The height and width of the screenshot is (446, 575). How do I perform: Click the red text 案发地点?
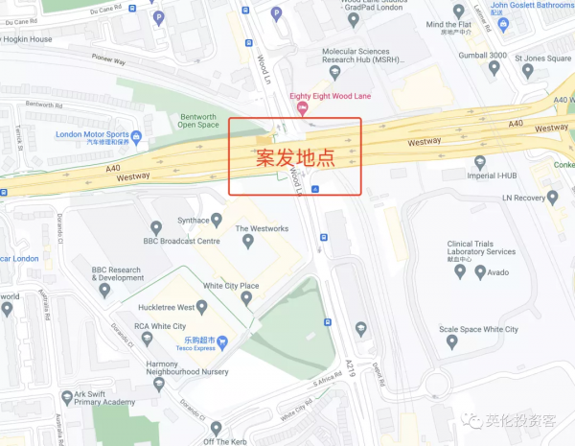point(294,158)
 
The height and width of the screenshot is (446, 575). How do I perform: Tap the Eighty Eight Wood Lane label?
point(329,96)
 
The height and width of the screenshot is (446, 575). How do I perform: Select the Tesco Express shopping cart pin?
point(221,340)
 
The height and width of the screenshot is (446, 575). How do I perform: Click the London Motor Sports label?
point(92,135)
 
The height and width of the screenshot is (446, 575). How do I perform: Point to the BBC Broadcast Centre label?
point(182,241)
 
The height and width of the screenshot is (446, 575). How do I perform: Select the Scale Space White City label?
point(478,329)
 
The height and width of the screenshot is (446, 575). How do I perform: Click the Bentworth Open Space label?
point(199,120)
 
